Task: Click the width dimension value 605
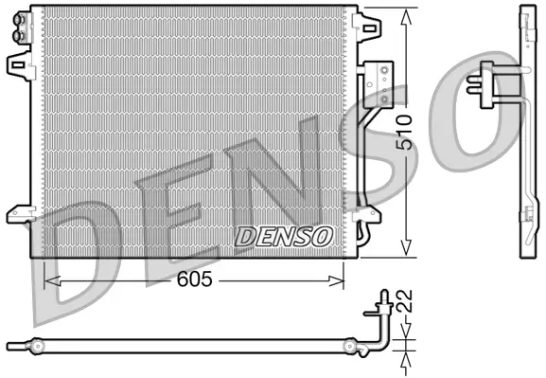click(192, 280)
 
